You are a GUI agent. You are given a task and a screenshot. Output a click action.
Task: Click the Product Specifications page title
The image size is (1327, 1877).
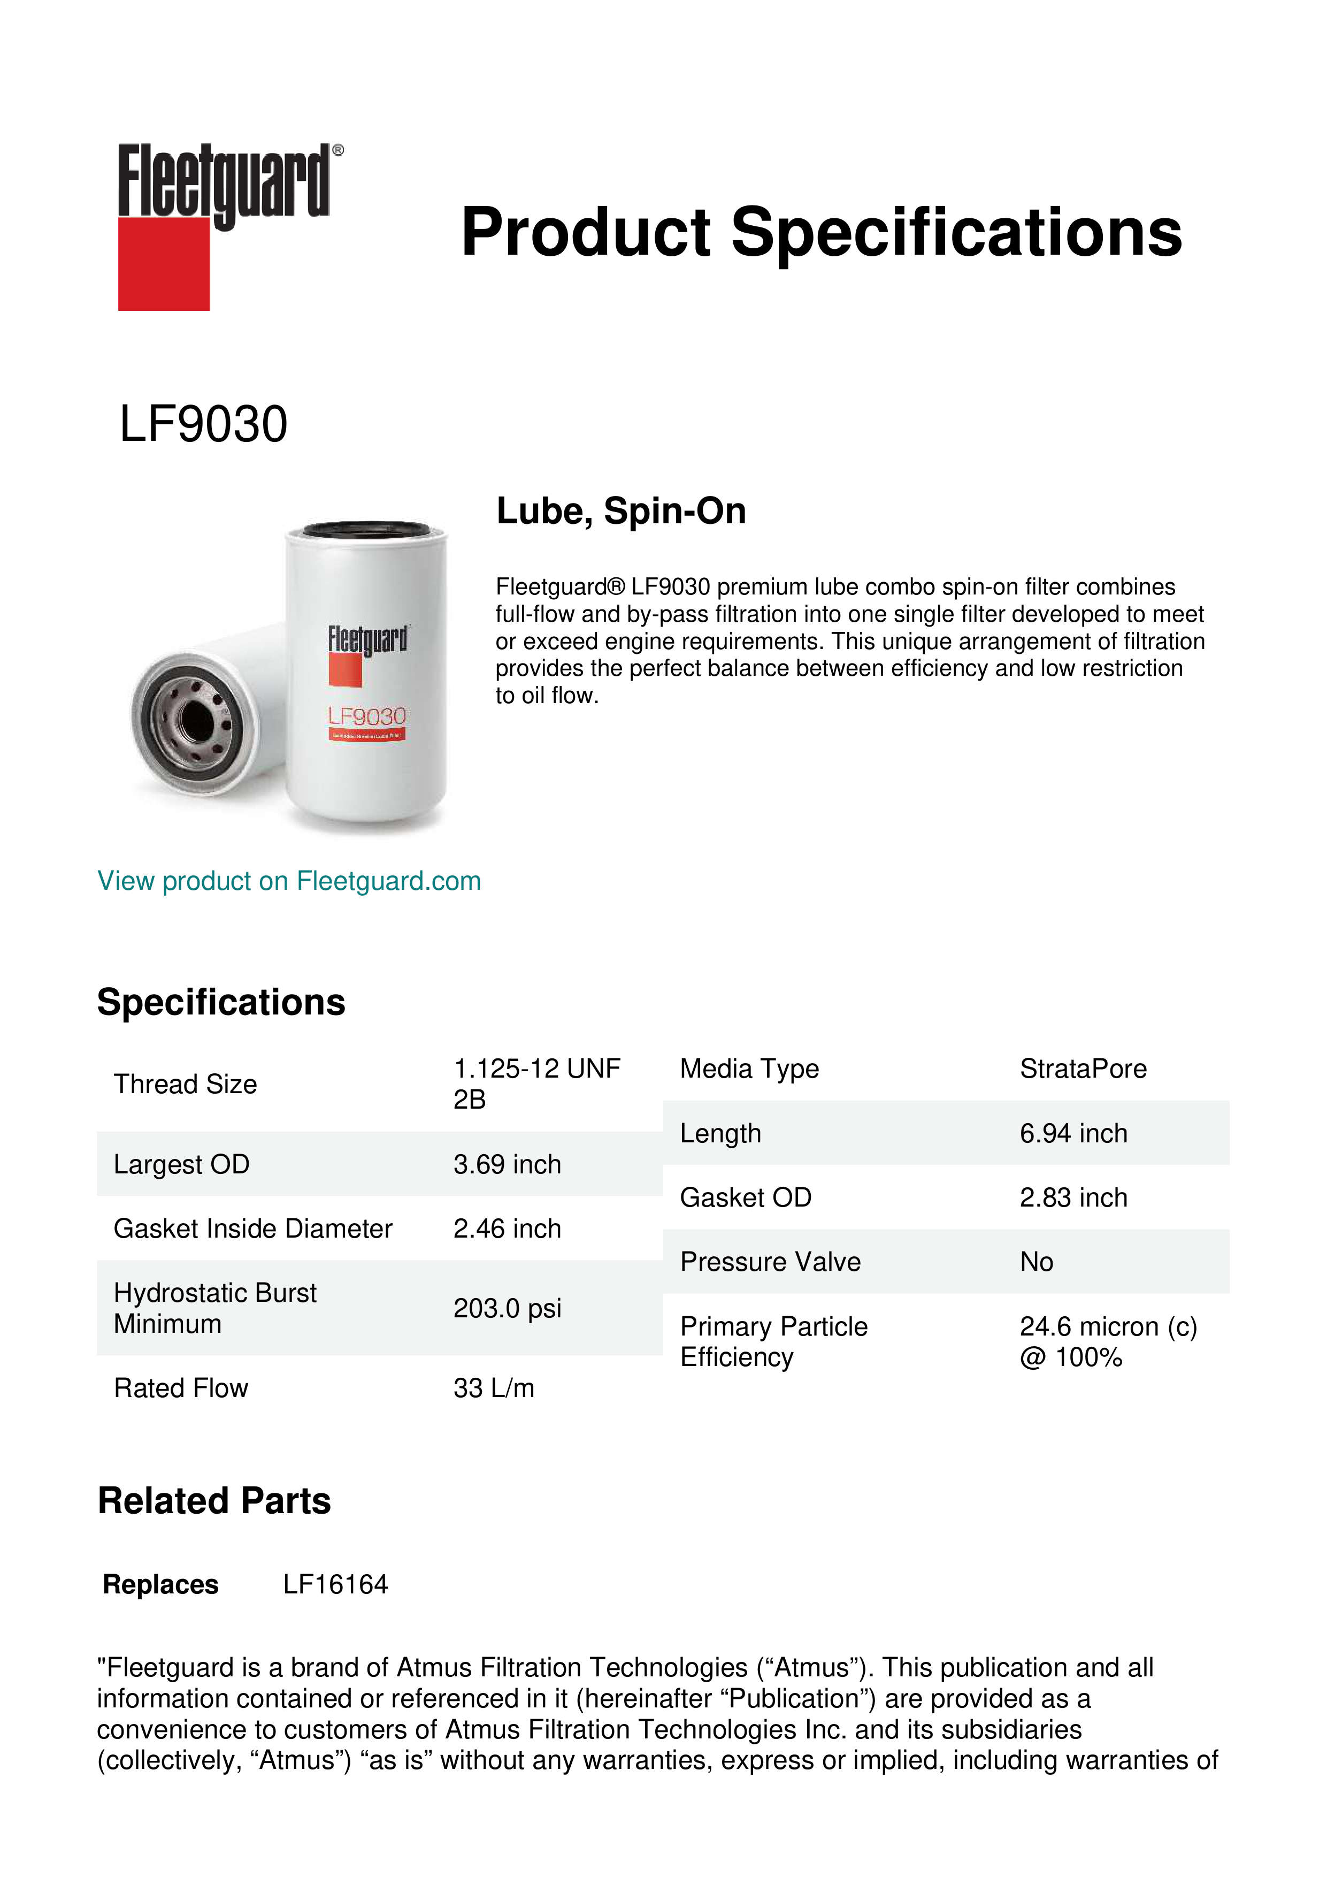coord(821,232)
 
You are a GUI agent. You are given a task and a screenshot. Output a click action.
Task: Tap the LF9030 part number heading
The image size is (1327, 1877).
coord(203,424)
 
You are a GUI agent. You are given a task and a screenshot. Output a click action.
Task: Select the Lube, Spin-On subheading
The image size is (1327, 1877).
coord(621,511)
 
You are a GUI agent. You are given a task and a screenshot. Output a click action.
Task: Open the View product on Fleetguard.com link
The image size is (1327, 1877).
coord(289,881)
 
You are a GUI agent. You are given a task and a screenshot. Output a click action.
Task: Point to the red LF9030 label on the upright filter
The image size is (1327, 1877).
coord(367,716)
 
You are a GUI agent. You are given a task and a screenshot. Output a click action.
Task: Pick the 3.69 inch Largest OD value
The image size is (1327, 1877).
coord(507,1164)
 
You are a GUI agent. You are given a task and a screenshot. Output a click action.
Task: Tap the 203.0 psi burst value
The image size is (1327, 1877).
coord(507,1308)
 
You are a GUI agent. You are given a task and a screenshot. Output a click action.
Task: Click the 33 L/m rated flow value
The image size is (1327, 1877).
coord(494,1387)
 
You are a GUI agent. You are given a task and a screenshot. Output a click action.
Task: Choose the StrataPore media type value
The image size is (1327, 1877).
coord(1083,1069)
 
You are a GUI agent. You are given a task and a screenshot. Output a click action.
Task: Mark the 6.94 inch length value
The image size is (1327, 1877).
coord(1073,1133)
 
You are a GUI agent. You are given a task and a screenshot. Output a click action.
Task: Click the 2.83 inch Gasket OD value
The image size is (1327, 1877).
coord(1073,1197)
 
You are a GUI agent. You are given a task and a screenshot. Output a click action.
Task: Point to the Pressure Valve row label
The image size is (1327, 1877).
coord(770,1262)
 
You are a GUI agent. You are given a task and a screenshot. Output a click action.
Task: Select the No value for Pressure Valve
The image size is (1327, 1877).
coord(1036,1262)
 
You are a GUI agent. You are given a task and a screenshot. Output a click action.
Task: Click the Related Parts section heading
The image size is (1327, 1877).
coord(214,1501)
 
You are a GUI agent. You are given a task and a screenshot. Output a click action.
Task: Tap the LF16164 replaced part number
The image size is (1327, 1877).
coord(335,1584)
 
